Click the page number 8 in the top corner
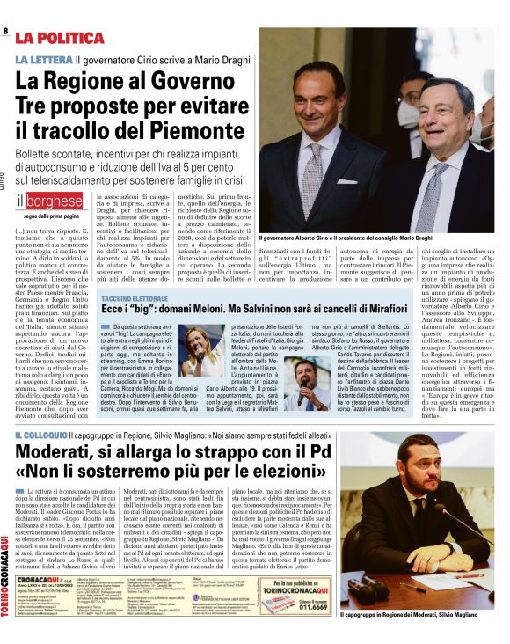pos(5,31)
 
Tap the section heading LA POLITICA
pos(65,38)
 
